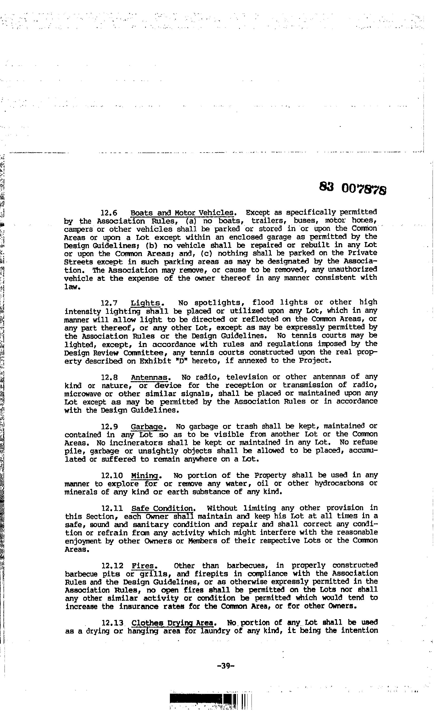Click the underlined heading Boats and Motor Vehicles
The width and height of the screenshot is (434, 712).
click(182, 213)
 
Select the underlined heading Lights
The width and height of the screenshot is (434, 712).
click(146, 303)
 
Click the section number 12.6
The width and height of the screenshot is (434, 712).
click(109, 213)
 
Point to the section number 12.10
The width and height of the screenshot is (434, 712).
click(112, 476)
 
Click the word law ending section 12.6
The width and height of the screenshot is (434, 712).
click(70, 287)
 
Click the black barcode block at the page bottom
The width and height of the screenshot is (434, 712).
click(202, 697)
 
